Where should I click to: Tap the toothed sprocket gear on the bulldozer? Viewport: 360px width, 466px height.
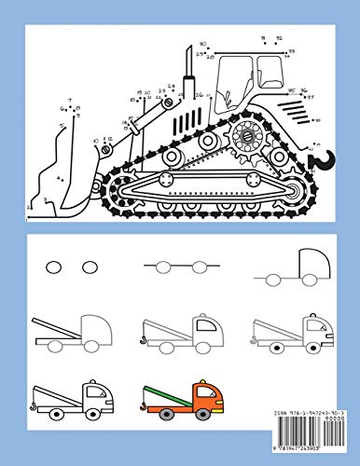pyautogui.click(x=250, y=135)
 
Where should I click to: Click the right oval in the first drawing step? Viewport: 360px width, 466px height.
pyautogui.click(x=90, y=267)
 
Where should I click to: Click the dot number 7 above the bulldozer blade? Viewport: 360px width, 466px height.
pyautogui.click(x=69, y=96)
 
